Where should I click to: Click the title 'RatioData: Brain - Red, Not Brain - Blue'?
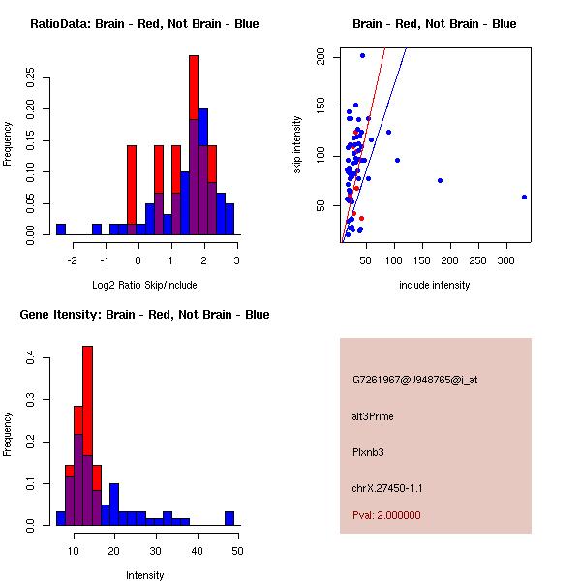[x=144, y=24]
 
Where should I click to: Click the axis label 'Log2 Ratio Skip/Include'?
[x=144, y=285]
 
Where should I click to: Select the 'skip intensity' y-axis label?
[x=297, y=145]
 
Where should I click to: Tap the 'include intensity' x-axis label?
[x=435, y=285]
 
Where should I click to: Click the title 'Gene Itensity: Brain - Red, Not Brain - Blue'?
[x=144, y=315]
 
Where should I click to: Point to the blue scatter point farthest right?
[x=524, y=197]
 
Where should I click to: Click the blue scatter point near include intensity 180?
[x=440, y=180]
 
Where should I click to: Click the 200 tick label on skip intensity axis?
[x=321, y=57]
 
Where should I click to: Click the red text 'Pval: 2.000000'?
[x=386, y=515]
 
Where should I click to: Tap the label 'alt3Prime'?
[x=373, y=417]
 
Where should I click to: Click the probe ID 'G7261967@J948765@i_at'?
[x=415, y=380]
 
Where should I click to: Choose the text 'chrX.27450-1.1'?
[x=387, y=488]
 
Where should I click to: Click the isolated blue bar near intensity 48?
[x=229, y=518]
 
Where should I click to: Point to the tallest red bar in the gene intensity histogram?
[x=87, y=387]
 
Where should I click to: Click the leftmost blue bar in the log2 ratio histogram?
[x=61, y=229]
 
